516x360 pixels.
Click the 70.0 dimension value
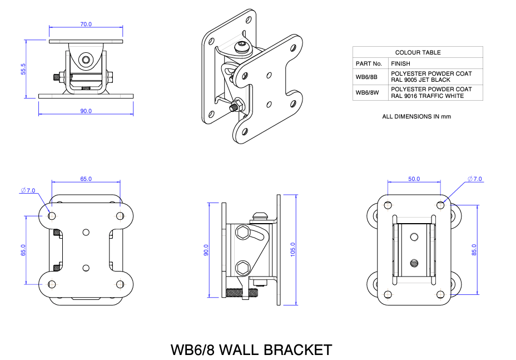(x=86, y=24)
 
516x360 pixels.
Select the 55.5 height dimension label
(x=23, y=69)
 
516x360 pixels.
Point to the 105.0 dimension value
(x=293, y=250)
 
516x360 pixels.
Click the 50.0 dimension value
(x=414, y=179)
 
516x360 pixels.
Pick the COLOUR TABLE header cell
(x=418, y=52)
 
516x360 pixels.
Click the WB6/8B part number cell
(x=366, y=77)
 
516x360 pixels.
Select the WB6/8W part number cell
(x=366, y=92)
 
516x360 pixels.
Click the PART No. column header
(x=369, y=64)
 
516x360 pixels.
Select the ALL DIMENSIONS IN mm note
(x=416, y=116)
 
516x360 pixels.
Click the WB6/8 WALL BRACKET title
(x=251, y=350)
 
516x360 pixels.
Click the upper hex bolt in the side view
(x=242, y=231)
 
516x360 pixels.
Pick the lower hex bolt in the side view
(x=242, y=269)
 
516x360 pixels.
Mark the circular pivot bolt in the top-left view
(x=86, y=60)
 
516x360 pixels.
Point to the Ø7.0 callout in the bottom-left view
(x=28, y=190)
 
